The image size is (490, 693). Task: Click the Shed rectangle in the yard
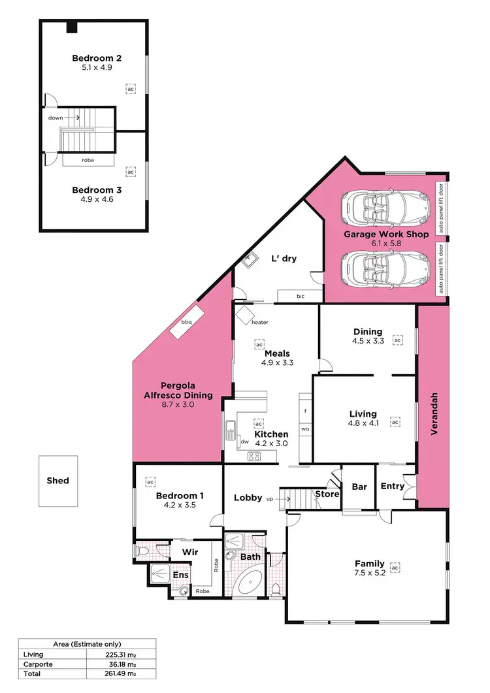57,481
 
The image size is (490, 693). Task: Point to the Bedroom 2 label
97,58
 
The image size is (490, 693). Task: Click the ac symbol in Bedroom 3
131,172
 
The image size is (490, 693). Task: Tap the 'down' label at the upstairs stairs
56,118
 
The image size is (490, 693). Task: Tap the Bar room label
359,487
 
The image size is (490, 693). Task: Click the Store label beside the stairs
327,494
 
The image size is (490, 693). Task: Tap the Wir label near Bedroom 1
190,552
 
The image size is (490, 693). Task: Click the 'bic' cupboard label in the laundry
301,297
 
